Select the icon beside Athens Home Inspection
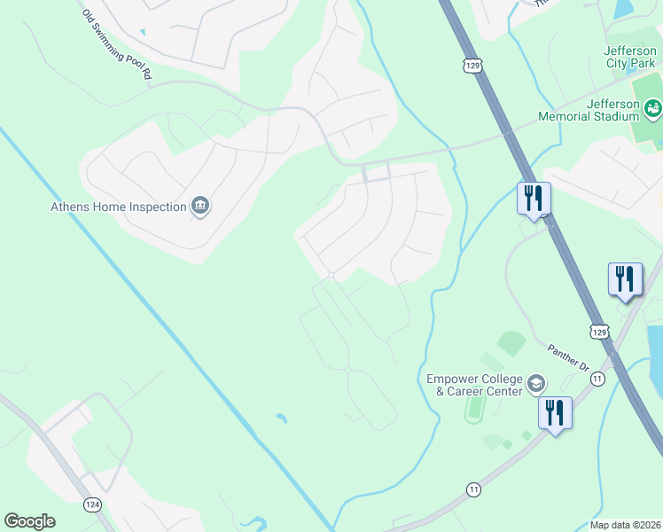pos(200,207)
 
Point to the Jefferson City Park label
pos(630,58)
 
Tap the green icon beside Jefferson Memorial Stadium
pos(653,109)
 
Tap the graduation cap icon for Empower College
pos(535,384)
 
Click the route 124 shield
pos(92,504)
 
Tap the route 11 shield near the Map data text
pos(474,489)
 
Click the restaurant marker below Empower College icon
pos(555,413)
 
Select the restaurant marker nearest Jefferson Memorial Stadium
pos(534,199)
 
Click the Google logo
pos(29,521)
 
